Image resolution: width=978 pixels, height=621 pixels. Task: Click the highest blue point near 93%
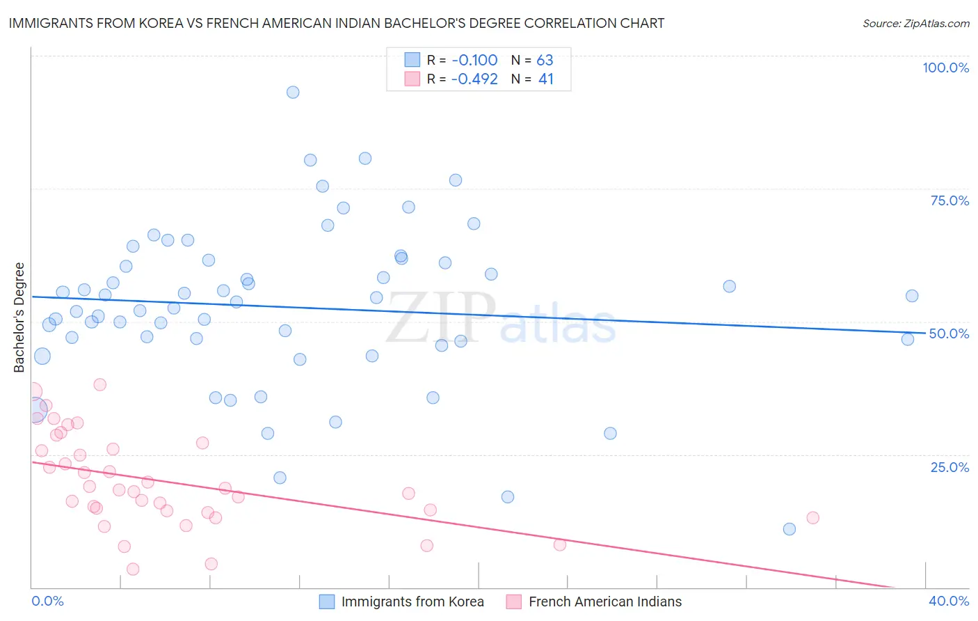click(293, 93)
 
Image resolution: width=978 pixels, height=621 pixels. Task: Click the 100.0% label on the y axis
click(945, 68)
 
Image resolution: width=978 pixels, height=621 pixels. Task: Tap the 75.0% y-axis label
click(949, 201)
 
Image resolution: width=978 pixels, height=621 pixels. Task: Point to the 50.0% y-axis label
click(949, 333)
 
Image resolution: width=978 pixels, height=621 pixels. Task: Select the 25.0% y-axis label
click(949, 467)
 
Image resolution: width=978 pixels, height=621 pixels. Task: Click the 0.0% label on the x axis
click(47, 601)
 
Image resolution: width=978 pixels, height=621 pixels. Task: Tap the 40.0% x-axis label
click(949, 601)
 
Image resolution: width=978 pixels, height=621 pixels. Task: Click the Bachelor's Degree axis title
click(19, 317)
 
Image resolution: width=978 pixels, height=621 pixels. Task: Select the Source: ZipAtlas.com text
click(915, 23)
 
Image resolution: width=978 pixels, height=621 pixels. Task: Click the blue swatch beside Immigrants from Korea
click(326, 602)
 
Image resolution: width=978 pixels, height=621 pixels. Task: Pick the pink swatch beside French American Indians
click(513, 602)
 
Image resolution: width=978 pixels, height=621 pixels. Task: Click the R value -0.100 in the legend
click(474, 60)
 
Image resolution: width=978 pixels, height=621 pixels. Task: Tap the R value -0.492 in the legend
click(474, 79)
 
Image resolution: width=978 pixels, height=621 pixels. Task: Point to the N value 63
click(545, 60)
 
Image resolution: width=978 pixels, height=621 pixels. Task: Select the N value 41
click(545, 79)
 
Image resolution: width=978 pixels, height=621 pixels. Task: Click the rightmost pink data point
click(812, 518)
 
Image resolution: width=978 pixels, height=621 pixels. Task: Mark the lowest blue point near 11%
click(789, 529)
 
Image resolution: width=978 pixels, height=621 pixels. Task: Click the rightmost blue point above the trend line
click(912, 296)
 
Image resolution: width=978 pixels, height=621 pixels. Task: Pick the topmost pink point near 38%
click(99, 384)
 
